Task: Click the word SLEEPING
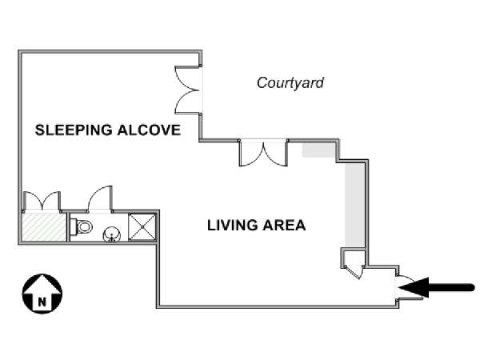(70, 130)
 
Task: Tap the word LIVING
(232, 226)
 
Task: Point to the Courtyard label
(290, 82)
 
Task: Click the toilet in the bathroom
(82, 226)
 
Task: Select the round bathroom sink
(112, 233)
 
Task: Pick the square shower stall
(143, 226)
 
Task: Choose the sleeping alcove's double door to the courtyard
(189, 89)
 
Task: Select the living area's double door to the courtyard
(262, 152)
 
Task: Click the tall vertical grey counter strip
(353, 200)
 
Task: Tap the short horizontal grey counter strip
(320, 150)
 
